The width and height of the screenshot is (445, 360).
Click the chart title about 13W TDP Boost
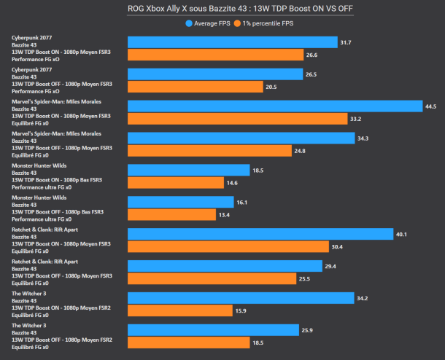240,9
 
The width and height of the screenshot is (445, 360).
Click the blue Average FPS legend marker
189,23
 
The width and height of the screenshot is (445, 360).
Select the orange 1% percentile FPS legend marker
237,23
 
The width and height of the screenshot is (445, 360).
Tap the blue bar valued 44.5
275,106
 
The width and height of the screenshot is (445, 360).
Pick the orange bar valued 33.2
238,119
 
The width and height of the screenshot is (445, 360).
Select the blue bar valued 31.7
233,42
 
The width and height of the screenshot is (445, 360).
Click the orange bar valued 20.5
196,87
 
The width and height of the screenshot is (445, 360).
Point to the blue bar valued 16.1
181,202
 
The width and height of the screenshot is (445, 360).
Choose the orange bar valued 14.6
176,183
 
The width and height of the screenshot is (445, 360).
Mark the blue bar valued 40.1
260,234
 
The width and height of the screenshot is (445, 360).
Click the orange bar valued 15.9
180,310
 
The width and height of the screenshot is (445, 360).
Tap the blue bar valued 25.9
214,330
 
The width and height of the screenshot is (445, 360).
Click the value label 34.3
363,138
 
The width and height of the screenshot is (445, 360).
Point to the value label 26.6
312,55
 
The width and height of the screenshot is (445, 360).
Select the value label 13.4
224,215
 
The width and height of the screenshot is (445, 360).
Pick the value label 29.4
330,266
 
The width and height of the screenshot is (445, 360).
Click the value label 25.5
304,279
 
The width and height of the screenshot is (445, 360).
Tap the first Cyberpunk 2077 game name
32,38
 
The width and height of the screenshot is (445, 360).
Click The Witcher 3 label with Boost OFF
62,336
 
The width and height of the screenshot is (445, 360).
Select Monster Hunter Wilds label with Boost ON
57,176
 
